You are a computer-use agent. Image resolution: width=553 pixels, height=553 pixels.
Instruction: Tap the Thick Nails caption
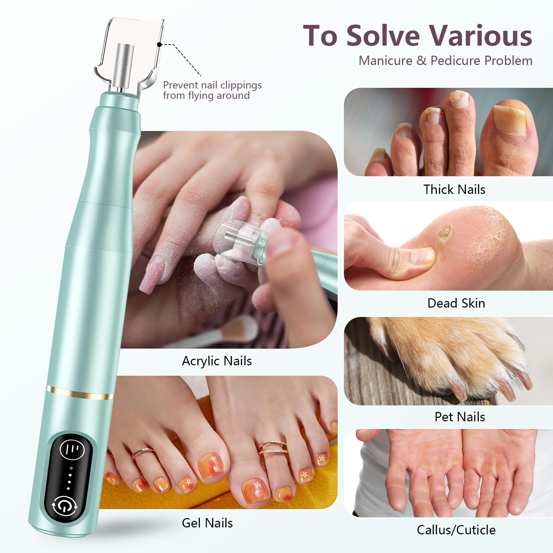[x=454, y=189]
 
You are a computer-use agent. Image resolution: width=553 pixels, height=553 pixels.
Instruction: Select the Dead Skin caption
[x=456, y=303]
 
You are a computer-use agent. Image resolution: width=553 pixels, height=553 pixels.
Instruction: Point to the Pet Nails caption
[x=460, y=417]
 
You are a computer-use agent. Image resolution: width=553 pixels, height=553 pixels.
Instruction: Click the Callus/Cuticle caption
[x=456, y=530]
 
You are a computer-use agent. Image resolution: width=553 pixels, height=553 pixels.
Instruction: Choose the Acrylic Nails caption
[x=217, y=361]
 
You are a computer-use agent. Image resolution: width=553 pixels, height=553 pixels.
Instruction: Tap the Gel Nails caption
[x=207, y=523]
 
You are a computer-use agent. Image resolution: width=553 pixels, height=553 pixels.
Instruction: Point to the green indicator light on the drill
[x=71, y=468]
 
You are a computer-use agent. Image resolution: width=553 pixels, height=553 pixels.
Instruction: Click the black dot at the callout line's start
[x=159, y=45]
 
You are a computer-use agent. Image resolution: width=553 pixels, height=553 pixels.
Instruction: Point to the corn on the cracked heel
[x=445, y=232]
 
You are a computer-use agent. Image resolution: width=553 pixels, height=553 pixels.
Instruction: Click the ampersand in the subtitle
[x=421, y=61]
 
